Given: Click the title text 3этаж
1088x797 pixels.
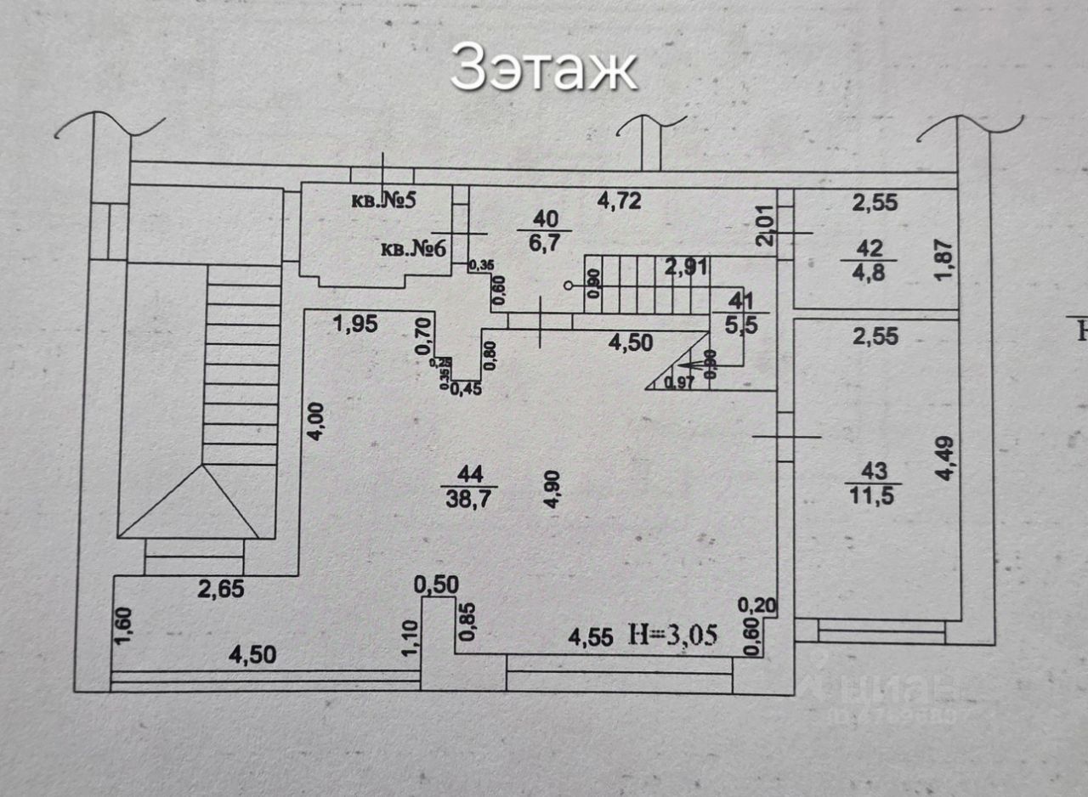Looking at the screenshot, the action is point(543,68).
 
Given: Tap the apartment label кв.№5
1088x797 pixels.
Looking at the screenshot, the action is point(383,202).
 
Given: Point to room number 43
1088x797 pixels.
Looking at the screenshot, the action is point(874,471).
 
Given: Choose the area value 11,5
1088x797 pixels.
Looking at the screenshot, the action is point(874,495).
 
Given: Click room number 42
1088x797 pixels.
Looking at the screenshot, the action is point(870,249).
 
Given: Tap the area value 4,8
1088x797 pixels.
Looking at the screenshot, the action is point(870,274).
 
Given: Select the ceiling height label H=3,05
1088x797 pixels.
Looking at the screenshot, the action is point(673,634).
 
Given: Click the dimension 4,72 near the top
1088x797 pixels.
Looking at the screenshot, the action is point(619,202).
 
